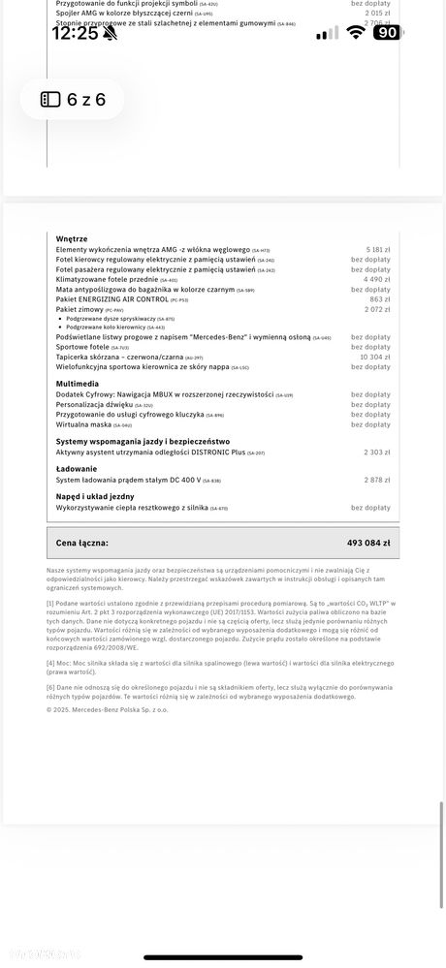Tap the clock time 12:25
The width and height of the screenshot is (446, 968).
[74, 32]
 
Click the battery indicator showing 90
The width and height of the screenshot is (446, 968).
[386, 32]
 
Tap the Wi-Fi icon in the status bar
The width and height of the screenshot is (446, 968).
[356, 32]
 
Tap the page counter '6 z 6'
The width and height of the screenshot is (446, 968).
[74, 100]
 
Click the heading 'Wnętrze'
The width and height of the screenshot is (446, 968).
[72, 238]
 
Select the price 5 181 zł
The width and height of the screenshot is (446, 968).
[377, 250]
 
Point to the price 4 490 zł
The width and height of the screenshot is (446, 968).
[377, 280]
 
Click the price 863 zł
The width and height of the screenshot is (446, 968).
[380, 299]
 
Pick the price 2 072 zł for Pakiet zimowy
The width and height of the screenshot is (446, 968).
[377, 309]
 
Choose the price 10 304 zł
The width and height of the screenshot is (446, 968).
[375, 357]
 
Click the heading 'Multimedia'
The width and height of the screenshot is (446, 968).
[77, 384]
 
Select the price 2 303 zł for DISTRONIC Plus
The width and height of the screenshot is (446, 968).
[377, 453]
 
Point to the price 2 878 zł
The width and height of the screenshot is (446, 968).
[377, 481]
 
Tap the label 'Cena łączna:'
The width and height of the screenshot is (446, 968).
[81, 544]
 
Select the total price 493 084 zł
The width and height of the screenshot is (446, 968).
[368, 544]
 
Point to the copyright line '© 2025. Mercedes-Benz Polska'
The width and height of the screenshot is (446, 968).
[107, 709]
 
